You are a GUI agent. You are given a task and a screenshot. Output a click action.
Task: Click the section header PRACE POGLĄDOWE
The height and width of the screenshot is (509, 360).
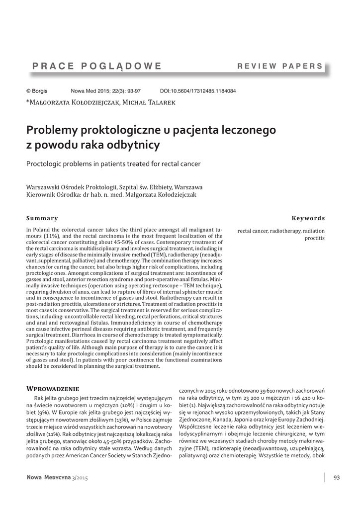(96, 66)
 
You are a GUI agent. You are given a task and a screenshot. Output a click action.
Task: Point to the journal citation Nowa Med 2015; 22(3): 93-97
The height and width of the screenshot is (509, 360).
(106, 91)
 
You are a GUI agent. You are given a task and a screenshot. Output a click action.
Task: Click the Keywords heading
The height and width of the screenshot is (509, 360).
(308, 218)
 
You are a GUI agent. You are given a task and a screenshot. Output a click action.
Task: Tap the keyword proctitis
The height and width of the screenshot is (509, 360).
(314, 239)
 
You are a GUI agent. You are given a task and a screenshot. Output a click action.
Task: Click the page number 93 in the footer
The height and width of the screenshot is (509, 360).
(336, 478)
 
